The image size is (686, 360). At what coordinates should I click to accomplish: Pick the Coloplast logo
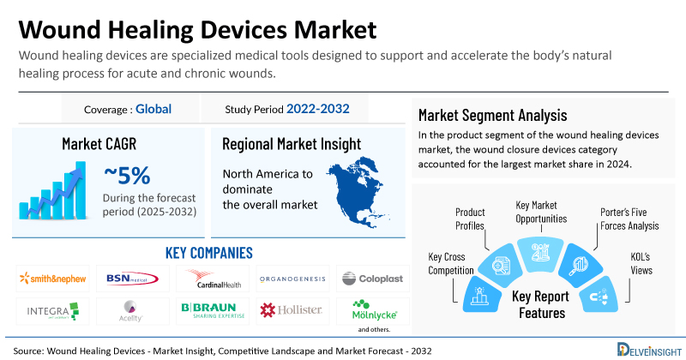[368, 279]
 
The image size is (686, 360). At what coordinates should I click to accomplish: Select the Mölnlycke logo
[368, 308]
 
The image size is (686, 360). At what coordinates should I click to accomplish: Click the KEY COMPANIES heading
[208, 253]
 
